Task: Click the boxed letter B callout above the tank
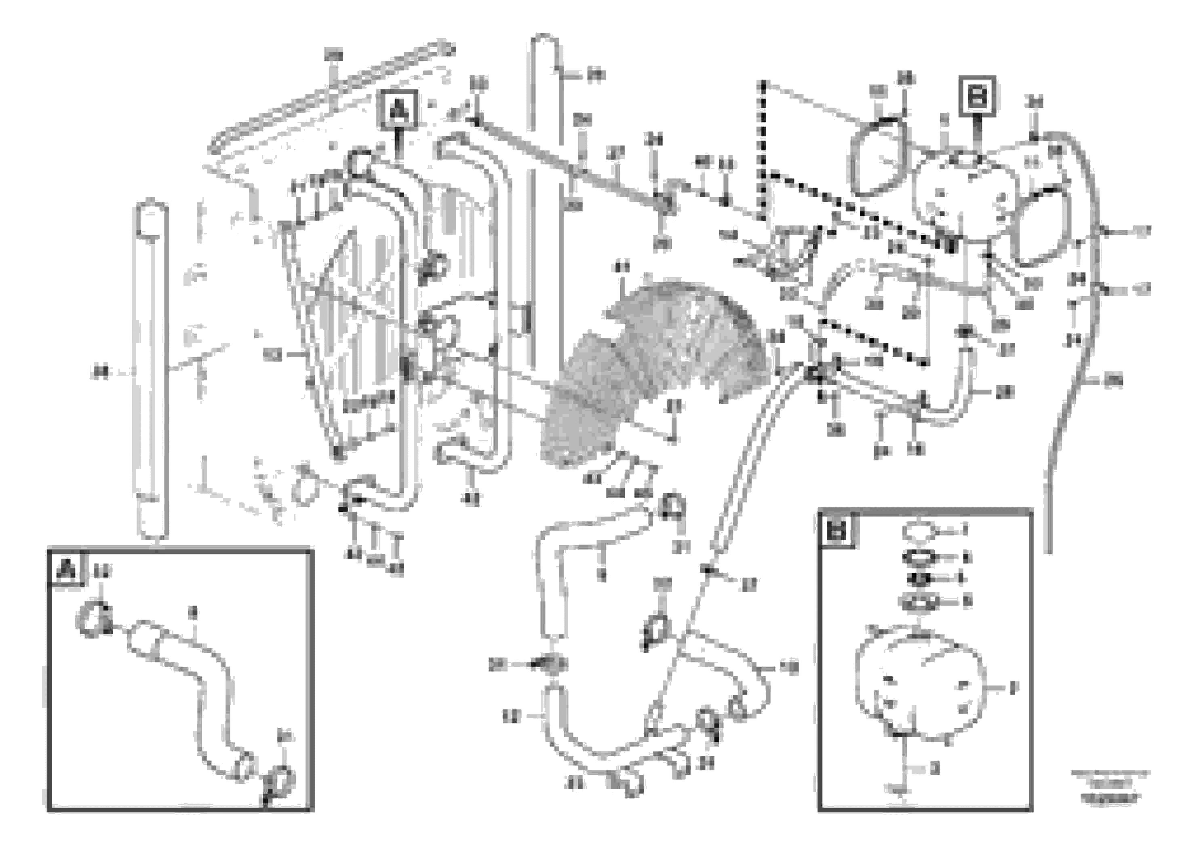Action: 977,95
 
